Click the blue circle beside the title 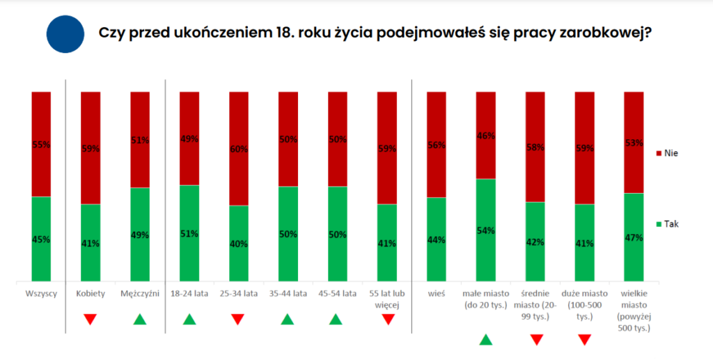click(x=65, y=34)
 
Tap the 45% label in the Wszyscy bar click(x=41, y=240)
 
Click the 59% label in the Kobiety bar click(x=91, y=148)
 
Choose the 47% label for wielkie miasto click(x=634, y=237)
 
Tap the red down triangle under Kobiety click(x=90, y=320)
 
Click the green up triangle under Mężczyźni click(x=140, y=320)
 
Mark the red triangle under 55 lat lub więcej click(x=387, y=320)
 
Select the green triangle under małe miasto click(x=486, y=340)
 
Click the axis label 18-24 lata click(x=189, y=293)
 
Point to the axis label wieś click(x=437, y=293)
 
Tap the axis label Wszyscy click(x=41, y=293)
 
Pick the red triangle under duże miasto click(x=585, y=340)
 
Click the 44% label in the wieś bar click(x=437, y=240)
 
